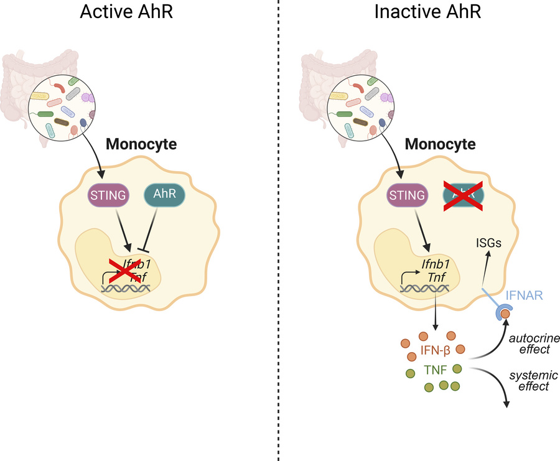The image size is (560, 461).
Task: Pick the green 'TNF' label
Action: pyautogui.click(x=434, y=370)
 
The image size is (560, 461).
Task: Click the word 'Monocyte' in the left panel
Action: pyautogui.click(x=141, y=144)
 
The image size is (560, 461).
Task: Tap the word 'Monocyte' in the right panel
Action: pyautogui.click(x=441, y=144)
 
